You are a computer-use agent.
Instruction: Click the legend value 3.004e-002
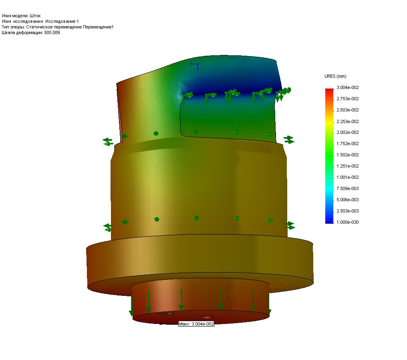[347, 87]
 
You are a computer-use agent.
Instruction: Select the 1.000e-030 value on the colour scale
[347, 222]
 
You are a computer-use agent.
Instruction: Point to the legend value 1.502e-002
[347, 155]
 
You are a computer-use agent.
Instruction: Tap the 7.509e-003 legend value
[347, 188]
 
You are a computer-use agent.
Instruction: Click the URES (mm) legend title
[335, 76]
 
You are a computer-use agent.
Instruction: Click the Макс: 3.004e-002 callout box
[196, 324]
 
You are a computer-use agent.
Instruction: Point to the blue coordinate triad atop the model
[195, 65]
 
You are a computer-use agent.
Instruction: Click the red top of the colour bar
[329, 91]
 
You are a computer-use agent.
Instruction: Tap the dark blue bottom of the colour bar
[329, 220]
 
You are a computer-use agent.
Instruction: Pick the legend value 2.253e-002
[347, 121]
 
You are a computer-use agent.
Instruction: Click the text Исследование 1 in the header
[62, 21]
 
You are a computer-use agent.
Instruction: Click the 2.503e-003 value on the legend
[347, 211]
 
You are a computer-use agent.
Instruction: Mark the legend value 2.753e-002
[347, 99]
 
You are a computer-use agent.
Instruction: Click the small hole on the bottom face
[165, 313]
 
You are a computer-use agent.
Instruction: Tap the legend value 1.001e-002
[347, 177]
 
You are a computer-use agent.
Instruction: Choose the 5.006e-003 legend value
[347, 200]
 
